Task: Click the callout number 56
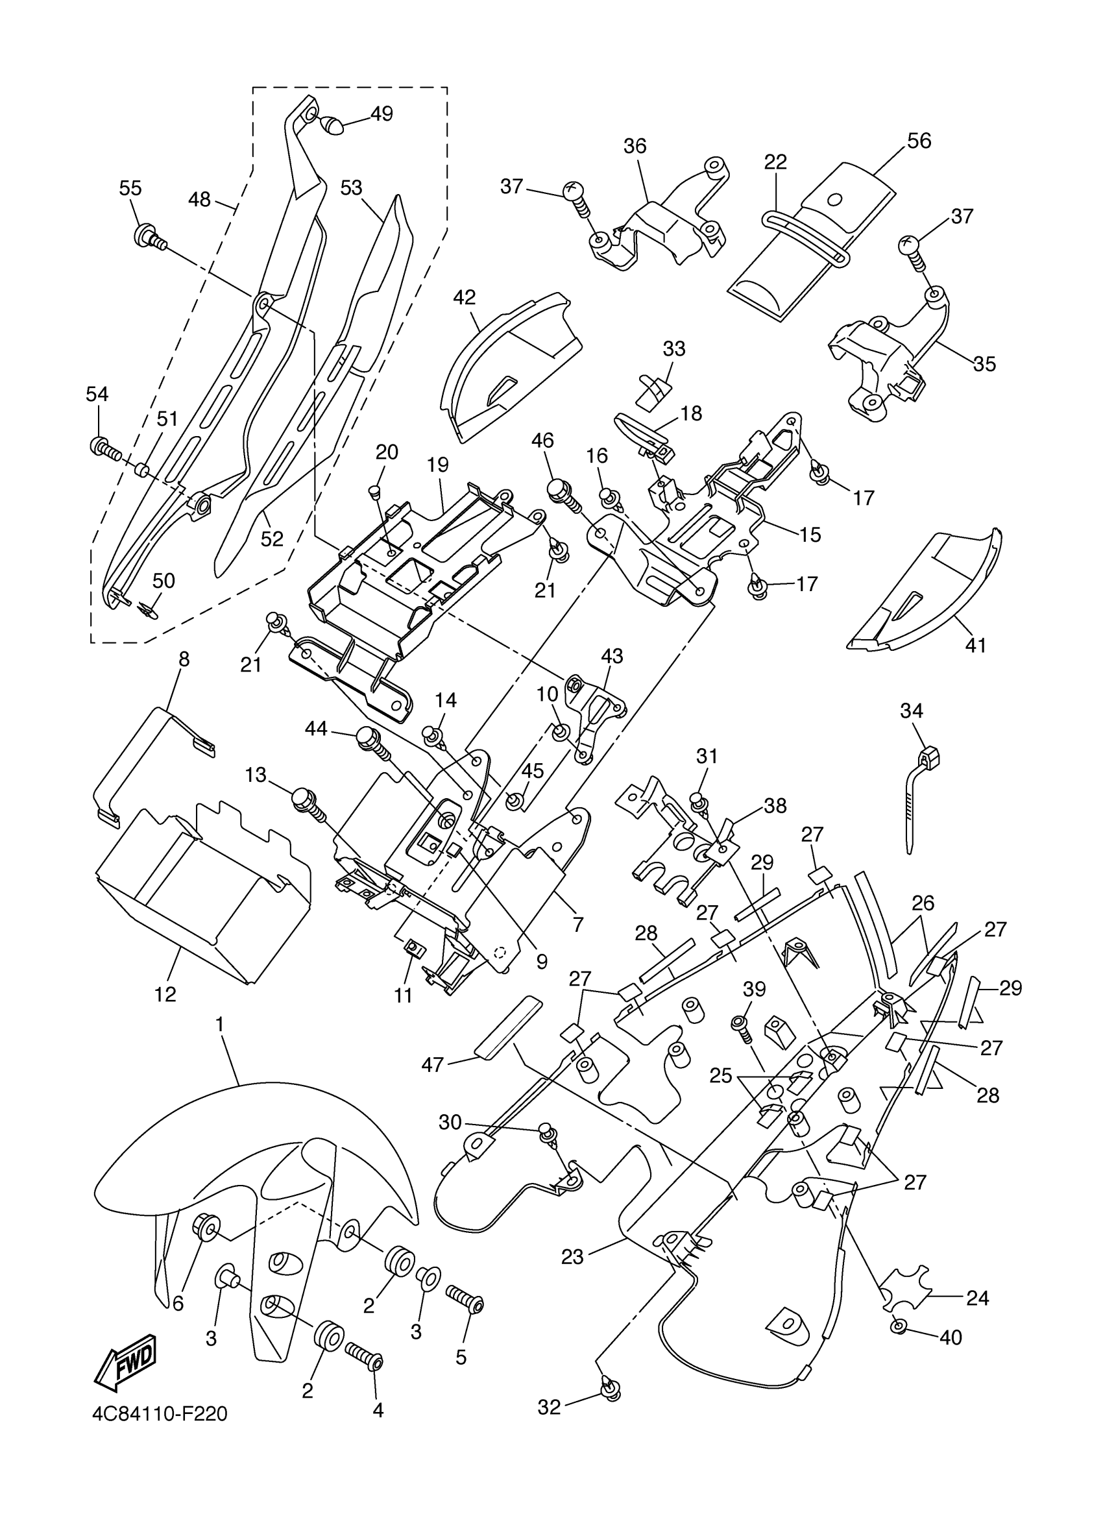pos(919,141)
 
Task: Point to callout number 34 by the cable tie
pos(912,711)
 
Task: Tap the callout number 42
pos(464,297)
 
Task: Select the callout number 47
pos(432,1064)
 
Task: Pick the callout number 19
pos(438,465)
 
